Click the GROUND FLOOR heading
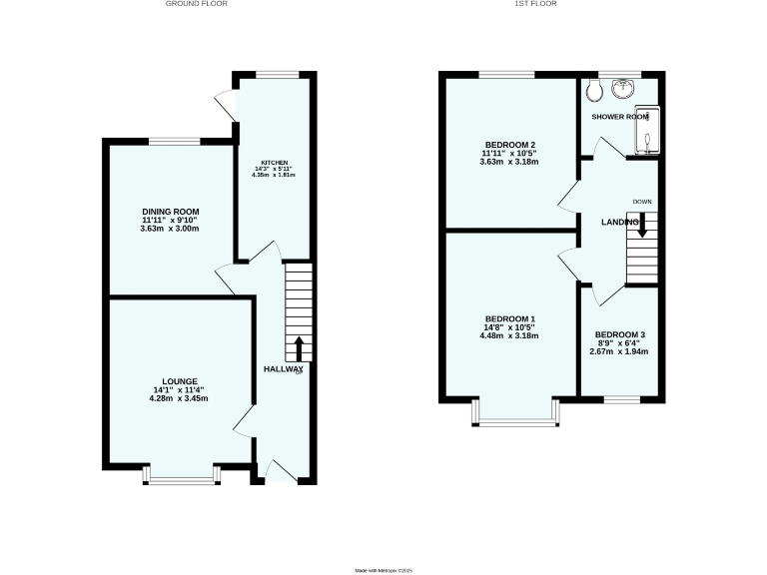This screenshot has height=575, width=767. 196,4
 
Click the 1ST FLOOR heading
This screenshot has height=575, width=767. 535,4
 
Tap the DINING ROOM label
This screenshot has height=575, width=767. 171,212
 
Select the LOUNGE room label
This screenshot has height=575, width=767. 180,381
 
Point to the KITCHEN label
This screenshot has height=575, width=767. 275,163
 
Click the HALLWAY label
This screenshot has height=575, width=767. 283,369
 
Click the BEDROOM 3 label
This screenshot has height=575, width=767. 619,334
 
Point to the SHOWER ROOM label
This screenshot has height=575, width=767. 620,117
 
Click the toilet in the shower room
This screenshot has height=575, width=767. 595,91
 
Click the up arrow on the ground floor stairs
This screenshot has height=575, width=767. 299,348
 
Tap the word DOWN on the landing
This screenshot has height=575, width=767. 641,202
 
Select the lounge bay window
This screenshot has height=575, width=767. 181,479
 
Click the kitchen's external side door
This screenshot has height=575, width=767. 226,103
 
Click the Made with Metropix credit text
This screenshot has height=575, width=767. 383,570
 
